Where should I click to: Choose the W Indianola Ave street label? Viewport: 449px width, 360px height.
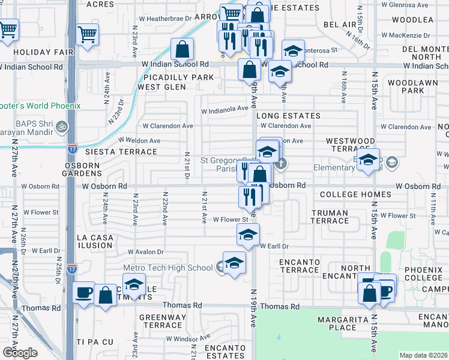tap(224, 110)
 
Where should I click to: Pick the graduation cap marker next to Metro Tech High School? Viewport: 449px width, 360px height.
tap(234, 263)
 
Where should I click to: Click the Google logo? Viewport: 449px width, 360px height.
tap(20, 353)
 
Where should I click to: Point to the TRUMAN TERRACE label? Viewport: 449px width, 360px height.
tap(330, 217)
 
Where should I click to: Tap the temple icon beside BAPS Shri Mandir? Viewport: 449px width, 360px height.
tap(65, 127)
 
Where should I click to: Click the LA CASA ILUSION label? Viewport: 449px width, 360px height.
tap(95, 242)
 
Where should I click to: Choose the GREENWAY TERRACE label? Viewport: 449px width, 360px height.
tap(160, 321)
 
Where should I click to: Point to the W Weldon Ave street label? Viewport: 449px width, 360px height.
tap(139, 140)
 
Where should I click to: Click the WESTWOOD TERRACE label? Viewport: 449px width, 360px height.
tap(351, 144)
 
